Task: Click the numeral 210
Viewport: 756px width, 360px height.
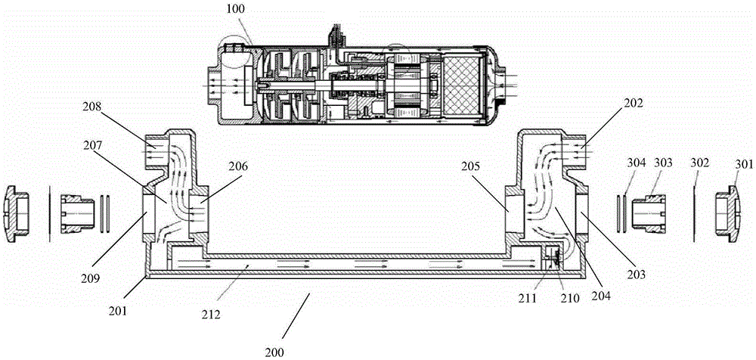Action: (569, 298)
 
